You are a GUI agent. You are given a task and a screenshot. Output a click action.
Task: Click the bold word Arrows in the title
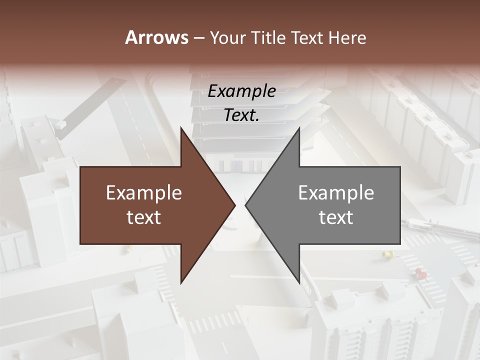pyautogui.click(x=156, y=37)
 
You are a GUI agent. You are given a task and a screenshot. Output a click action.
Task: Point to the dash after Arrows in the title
pyautogui.click(x=198, y=38)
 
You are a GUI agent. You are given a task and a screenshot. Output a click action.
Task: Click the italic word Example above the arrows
pyautogui.click(x=242, y=91)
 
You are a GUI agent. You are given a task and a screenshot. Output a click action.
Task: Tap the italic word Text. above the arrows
pyautogui.click(x=242, y=115)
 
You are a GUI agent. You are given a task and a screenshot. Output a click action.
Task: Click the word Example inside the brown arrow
pyautogui.click(x=144, y=193)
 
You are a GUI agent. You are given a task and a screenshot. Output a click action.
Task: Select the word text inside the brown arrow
pyautogui.click(x=144, y=217)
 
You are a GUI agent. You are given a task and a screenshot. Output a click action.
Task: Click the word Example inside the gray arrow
pyautogui.click(x=336, y=193)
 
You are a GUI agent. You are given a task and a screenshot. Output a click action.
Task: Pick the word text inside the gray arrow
pyautogui.click(x=336, y=217)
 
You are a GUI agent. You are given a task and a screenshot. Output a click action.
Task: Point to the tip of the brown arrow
pyautogui.click(x=235, y=205)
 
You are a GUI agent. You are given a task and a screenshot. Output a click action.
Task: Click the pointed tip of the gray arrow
pyautogui.click(x=245, y=205)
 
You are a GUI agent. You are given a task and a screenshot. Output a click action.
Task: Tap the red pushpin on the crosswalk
pyautogui.click(x=420, y=273)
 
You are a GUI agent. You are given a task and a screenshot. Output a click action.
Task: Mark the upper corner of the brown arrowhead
pyautogui.click(x=181, y=128)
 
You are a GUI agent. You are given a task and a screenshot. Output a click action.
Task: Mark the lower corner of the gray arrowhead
pyautogui.click(x=299, y=283)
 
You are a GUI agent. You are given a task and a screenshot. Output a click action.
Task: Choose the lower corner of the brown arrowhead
pyautogui.click(x=181, y=283)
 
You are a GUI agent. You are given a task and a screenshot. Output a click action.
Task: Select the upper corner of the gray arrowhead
pyautogui.click(x=299, y=128)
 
